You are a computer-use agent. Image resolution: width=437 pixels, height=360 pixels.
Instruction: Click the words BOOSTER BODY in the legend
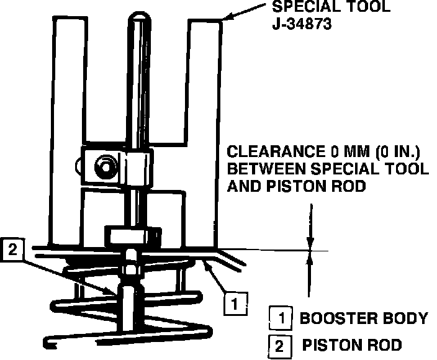coord(364,318)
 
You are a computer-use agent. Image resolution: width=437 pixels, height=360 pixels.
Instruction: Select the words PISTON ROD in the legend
coord(352,344)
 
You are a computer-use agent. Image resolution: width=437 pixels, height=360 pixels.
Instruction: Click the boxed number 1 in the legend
coord(281,319)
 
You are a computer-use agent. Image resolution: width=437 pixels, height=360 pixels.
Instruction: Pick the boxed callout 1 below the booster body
coord(233,304)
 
